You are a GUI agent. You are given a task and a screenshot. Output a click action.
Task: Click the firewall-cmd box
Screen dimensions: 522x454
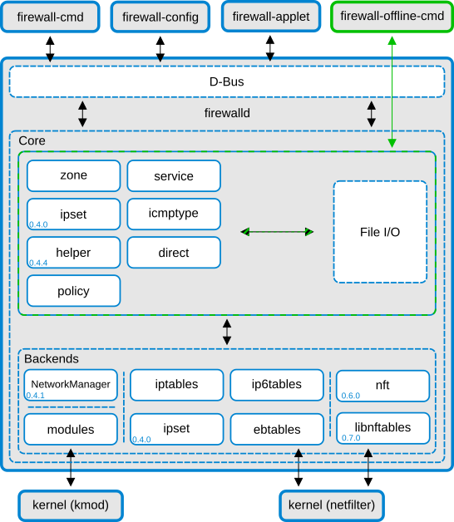[50, 17]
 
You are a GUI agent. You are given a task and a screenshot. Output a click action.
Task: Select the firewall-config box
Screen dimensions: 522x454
[160, 17]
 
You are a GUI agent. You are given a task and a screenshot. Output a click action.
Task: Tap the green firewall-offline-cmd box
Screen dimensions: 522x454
[391, 17]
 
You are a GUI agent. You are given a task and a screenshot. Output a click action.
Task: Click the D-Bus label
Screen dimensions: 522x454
[226, 81]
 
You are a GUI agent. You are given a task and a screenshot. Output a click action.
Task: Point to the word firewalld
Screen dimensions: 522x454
[227, 112]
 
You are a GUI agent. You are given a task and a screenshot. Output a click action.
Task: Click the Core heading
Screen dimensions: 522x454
[32, 141]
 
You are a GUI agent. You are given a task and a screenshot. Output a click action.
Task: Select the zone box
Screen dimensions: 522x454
[73, 175]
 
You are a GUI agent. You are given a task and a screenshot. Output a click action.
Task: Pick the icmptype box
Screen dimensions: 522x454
[173, 214]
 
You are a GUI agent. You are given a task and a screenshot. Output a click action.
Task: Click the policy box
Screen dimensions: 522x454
[73, 291]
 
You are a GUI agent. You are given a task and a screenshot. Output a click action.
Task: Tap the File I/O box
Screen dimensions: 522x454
[380, 232]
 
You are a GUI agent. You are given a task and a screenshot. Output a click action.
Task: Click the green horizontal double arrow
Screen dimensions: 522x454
[277, 232]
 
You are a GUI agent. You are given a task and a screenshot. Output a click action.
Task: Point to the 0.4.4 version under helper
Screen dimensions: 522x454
[38, 263]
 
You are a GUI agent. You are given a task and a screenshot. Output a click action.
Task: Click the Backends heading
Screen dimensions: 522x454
[52, 359]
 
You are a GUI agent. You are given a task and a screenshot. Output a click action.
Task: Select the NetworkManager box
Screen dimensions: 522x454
[71, 384]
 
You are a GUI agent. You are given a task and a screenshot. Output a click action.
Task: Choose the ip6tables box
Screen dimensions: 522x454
[276, 384]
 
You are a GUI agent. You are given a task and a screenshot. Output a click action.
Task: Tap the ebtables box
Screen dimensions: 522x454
[276, 429]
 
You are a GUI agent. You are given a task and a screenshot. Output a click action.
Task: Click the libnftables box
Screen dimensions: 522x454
[382, 427]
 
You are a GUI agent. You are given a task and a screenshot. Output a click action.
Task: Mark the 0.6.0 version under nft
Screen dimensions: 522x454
[350, 396]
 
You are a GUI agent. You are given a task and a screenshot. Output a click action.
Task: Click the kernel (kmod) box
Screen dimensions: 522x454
[71, 505]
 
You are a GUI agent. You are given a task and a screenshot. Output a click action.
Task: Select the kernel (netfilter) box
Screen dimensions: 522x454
[331, 505]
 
